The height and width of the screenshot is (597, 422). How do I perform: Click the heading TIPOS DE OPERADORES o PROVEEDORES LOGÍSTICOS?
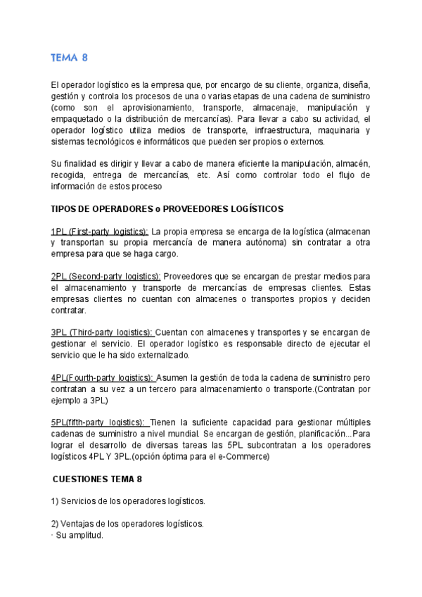click(x=167, y=209)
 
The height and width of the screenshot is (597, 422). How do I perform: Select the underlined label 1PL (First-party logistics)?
click(x=100, y=232)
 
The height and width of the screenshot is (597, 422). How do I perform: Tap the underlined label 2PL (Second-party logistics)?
click(x=106, y=277)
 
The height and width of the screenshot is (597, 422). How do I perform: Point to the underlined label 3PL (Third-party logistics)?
click(x=102, y=332)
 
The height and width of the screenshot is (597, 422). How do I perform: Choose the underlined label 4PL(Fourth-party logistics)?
click(x=103, y=377)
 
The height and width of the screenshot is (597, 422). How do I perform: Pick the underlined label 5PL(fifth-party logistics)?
click(x=100, y=422)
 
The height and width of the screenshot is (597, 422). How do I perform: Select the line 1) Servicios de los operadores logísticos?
click(x=128, y=501)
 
